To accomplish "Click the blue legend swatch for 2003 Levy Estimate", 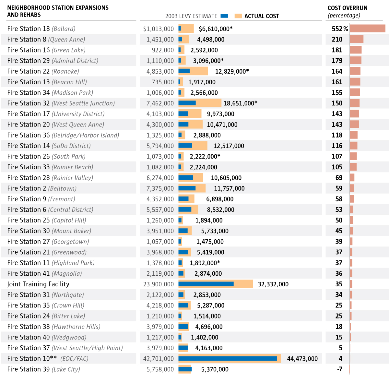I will [224, 16].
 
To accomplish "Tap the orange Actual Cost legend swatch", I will [238, 16].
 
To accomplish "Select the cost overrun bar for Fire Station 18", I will [368, 29].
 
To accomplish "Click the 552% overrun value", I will [339, 29].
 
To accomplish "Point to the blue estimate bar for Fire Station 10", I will [228, 358].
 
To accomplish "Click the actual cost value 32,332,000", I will [273, 284].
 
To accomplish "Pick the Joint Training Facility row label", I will [38, 284].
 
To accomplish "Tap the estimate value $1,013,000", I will [159, 29].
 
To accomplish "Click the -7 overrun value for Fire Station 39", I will [339, 369].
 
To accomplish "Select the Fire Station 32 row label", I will [61, 103].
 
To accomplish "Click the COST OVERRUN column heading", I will [348, 8].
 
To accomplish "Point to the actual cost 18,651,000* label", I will [240, 103].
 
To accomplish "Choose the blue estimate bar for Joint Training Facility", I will [206, 284].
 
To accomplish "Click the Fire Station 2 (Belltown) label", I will [42, 188].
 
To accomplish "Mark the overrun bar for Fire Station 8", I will [357, 39].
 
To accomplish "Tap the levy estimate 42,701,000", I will [159, 359].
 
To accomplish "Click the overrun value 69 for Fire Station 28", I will [339, 178].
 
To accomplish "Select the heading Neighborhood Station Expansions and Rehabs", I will [58, 11].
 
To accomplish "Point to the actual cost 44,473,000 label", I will [302, 359].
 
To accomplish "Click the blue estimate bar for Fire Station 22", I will [184, 71].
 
